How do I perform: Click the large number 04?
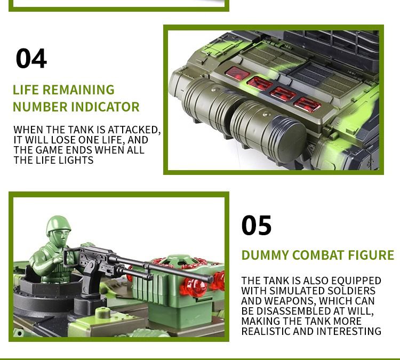click(x=31, y=59)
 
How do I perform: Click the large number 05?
click(x=257, y=225)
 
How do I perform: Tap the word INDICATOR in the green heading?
click(x=106, y=107)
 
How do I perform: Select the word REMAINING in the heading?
click(x=78, y=90)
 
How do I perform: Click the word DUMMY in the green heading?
click(x=265, y=255)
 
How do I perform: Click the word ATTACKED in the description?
click(x=134, y=130)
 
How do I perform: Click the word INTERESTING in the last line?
click(x=349, y=331)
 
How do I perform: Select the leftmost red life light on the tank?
click(x=237, y=74)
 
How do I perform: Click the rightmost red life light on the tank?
click(x=307, y=105)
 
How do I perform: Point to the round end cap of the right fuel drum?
click(x=291, y=139)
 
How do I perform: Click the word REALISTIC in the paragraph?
click(x=266, y=331)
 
